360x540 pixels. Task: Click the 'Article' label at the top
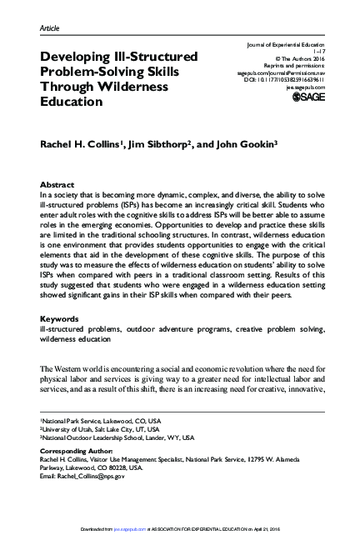(x=49, y=28)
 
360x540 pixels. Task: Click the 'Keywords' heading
(x=60, y=318)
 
